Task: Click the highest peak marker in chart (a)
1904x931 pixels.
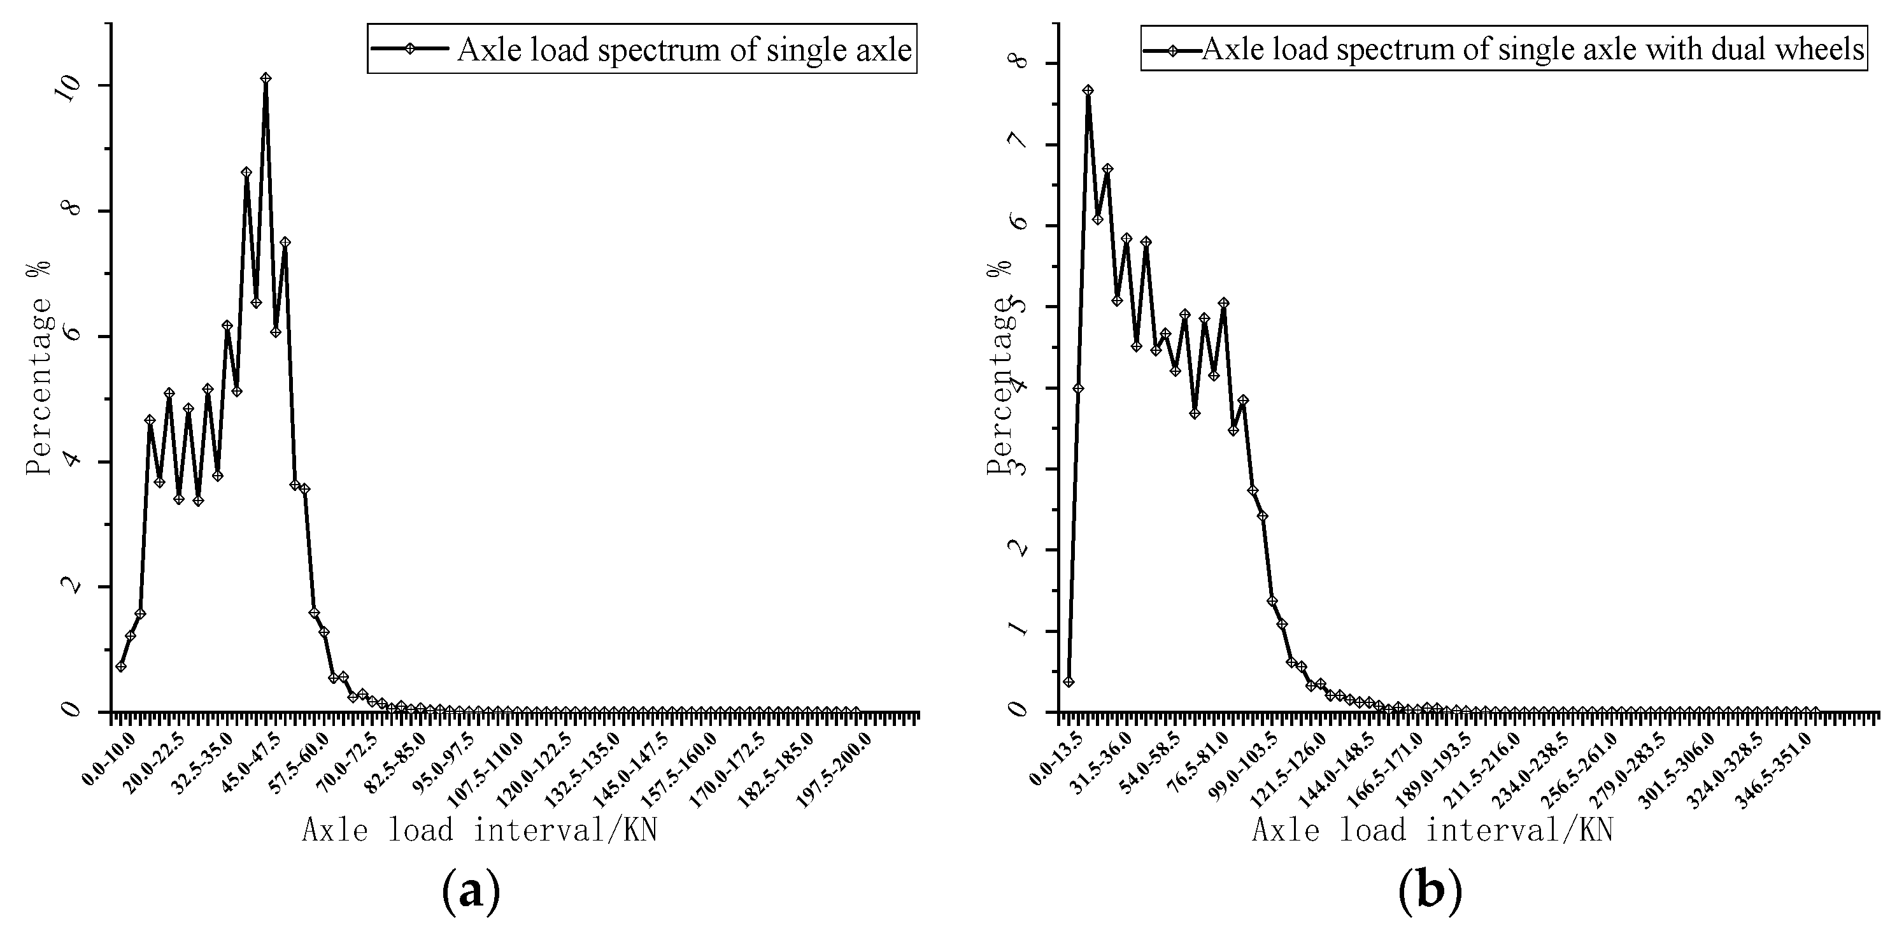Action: pyautogui.click(x=266, y=78)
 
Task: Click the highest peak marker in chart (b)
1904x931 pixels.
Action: pyautogui.click(x=1088, y=90)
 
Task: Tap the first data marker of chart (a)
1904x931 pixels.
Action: pyautogui.click(x=120, y=667)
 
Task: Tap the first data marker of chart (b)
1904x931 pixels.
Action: pyautogui.click(x=1068, y=681)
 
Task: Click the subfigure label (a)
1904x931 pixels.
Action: pyautogui.click(x=471, y=892)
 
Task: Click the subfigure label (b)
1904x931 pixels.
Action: pyautogui.click(x=1430, y=892)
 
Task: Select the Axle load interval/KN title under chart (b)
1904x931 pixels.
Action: pyautogui.click(x=1432, y=830)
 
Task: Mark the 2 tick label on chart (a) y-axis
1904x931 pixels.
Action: pyautogui.click(x=71, y=585)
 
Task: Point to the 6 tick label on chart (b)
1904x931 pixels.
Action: pyautogui.click(x=1018, y=225)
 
